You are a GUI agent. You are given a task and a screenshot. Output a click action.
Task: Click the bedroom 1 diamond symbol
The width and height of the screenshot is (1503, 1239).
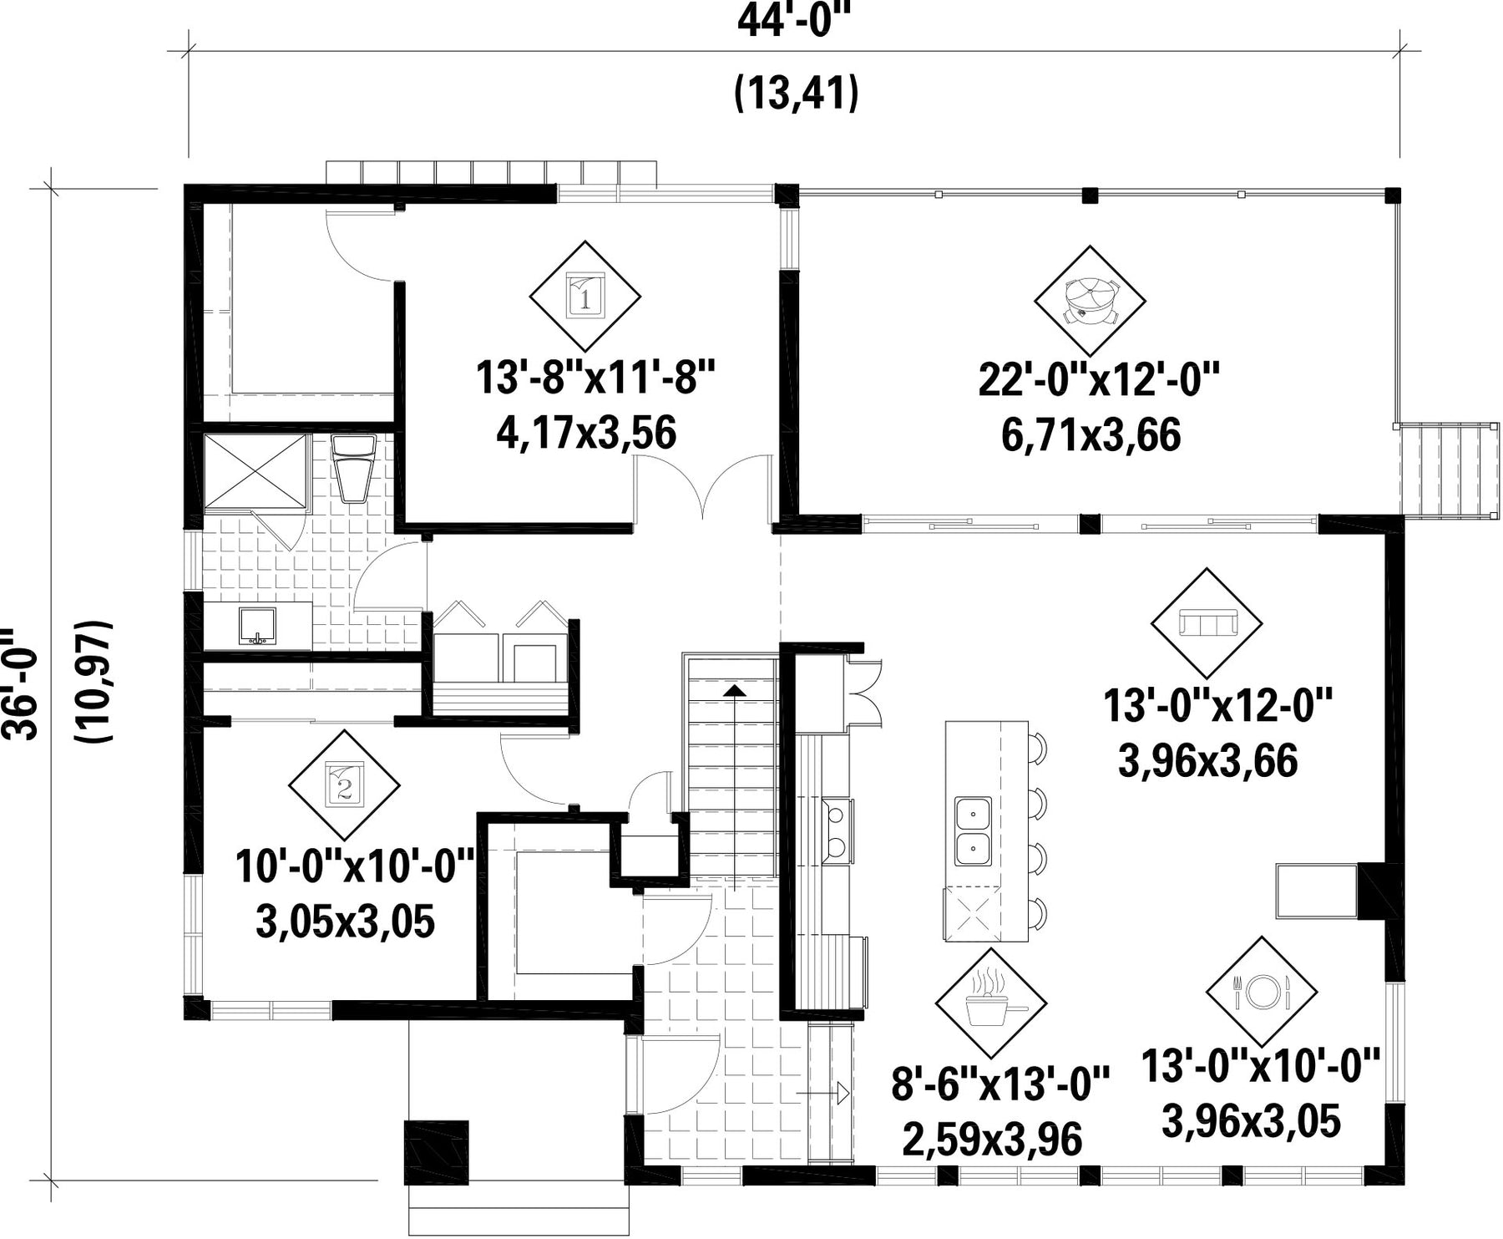click(585, 297)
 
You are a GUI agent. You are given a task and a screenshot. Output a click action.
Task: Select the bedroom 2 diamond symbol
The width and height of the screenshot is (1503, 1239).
click(344, 785)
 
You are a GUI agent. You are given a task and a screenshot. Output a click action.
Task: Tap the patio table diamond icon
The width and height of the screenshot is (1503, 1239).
click(1090, 302)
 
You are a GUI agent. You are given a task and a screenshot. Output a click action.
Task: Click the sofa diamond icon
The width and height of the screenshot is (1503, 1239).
click(1207, 623)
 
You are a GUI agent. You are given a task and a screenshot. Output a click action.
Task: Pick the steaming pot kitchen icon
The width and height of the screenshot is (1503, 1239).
click(991, 1003)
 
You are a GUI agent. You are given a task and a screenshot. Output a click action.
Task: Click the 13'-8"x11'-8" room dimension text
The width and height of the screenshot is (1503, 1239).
click(596, 378)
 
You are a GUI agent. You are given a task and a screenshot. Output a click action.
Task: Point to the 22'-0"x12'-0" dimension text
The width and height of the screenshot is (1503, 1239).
click(1099, 381)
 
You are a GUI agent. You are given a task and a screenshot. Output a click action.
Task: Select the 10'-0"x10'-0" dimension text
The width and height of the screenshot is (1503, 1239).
click(356, 866)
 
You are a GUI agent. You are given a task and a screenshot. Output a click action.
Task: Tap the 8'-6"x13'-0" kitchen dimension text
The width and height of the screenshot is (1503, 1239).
click(1000, 1084)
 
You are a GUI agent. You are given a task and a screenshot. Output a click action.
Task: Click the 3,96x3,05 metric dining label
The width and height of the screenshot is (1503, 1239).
click(1251, 1120)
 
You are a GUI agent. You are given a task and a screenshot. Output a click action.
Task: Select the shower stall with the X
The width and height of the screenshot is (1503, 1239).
click(256, 471)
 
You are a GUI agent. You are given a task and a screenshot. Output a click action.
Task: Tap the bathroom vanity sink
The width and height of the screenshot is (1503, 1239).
click(257, 627)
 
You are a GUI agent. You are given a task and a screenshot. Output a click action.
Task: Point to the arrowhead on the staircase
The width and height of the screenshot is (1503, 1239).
click(734, 690)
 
